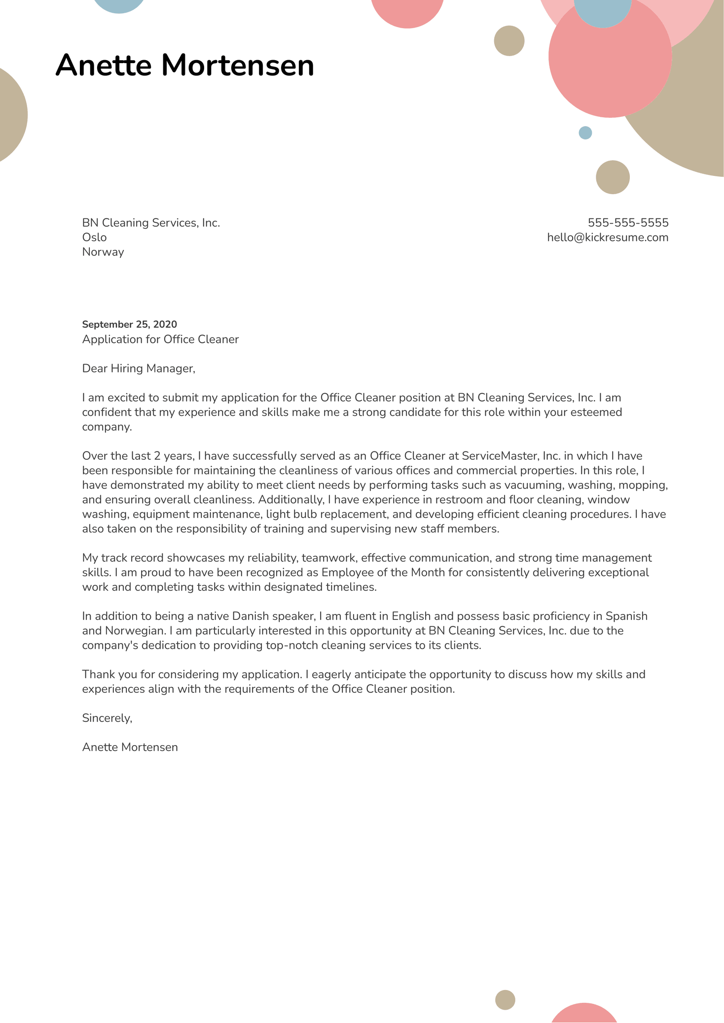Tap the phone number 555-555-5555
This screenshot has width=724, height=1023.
628,223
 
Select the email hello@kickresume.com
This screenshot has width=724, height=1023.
608,238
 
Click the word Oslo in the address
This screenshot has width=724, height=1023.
94,238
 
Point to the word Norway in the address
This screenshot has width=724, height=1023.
103,252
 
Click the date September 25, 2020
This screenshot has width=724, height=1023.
129,324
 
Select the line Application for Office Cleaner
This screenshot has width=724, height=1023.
160,339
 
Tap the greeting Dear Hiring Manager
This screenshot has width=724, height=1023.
139,368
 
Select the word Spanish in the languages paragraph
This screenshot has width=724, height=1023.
626,616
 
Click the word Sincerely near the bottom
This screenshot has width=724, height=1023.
107,718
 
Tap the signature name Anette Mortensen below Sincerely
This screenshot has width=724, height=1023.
130,747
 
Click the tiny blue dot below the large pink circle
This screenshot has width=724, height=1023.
585,133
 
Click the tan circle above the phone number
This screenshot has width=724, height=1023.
613,177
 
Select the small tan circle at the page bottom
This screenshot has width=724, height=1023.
505,1000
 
